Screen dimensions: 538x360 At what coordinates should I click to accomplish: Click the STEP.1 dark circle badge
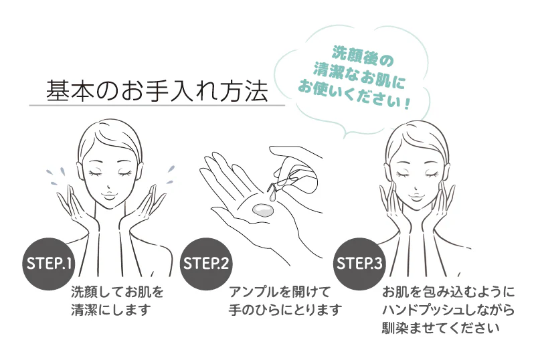point(49,264)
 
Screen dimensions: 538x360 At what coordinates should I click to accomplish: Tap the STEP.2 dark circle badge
point(206,264)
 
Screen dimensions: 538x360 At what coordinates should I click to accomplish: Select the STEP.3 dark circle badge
point(359,264)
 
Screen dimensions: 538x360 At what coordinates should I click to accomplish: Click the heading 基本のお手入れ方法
point(157,91)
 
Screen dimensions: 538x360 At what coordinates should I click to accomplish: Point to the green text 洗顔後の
point(363,57)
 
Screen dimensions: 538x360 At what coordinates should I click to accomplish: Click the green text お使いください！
point(354,95)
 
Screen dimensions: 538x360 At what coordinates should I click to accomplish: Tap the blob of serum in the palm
point(262,209)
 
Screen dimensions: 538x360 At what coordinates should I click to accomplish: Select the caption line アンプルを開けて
point(280,292)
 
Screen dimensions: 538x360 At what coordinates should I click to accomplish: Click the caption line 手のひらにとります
point(286,310)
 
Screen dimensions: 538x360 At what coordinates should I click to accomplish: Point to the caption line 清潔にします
point(111,310)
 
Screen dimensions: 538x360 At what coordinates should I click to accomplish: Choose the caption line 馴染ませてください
point(441,328)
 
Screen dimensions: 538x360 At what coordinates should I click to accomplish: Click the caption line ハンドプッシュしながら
point(448,310)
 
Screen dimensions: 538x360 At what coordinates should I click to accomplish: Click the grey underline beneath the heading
point(157,105)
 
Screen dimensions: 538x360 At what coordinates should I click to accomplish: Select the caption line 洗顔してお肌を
point(117,292)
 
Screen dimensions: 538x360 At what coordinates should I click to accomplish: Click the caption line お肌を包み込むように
point(448,292)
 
